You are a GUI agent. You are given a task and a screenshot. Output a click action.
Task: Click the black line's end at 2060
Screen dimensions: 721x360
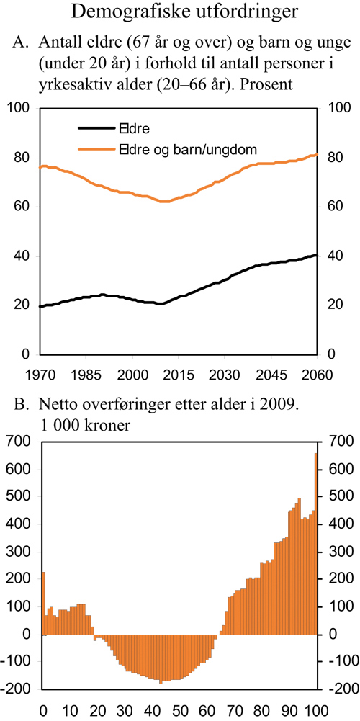317,255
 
